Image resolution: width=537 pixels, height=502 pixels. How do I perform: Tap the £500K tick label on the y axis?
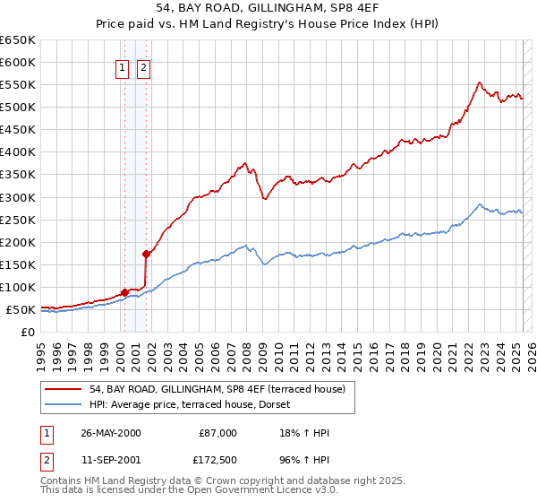coord(17,107)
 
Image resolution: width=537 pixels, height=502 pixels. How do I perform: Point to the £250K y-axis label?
coord(17,220)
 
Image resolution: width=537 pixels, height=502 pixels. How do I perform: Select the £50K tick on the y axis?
coord(21,309)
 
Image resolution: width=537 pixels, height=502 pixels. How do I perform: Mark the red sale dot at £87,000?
coord(124,292)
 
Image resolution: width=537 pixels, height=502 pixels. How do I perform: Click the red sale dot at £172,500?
coord(146,254)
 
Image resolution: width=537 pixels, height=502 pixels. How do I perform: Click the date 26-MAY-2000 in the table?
coord(111,432)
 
